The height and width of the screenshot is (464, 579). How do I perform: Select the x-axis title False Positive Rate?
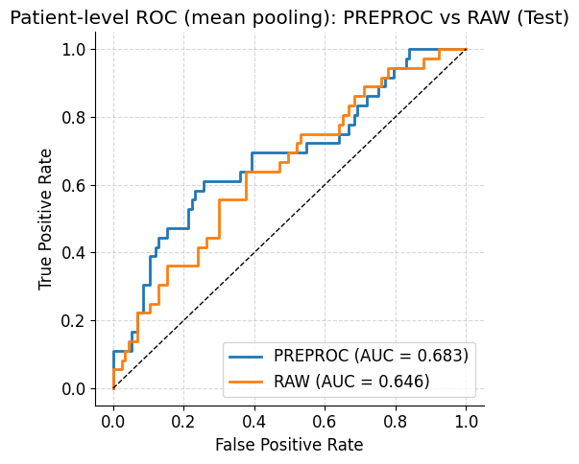click(x=289, y=445)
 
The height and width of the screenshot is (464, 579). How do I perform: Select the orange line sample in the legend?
click(x=247, y=382)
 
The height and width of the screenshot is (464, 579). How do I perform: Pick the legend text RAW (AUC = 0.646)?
click(x=351, y=382)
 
